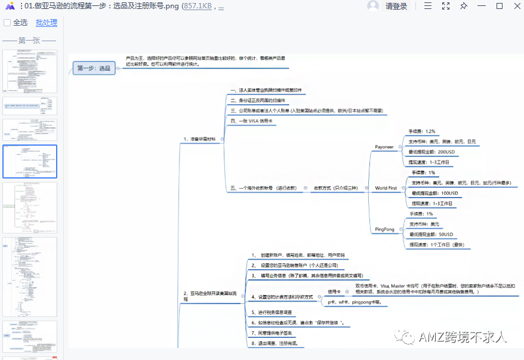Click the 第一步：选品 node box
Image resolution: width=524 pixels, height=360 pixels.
(x=94, y=69)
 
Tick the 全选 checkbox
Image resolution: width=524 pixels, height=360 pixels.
(x=7, y=23)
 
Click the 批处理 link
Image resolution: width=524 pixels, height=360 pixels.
(x=47, y=23)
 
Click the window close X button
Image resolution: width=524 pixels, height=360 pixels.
(x=515, y=6)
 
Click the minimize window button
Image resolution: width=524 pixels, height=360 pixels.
(x=482, y=6)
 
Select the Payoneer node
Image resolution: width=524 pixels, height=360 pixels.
(x=384, y=146)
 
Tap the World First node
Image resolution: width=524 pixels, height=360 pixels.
(x=386, y=188)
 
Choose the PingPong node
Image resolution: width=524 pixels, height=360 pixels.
(x=384, y=229)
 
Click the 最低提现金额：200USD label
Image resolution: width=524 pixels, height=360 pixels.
(x=431, y=152)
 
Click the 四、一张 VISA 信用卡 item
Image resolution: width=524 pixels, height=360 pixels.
(x=251, y=121)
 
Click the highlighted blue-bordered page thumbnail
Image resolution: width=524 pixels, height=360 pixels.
(x=30, y=161)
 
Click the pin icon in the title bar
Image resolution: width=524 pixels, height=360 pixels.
(x=464, y=6)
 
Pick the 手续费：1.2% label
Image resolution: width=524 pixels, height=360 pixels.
(x=421, y=131)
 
